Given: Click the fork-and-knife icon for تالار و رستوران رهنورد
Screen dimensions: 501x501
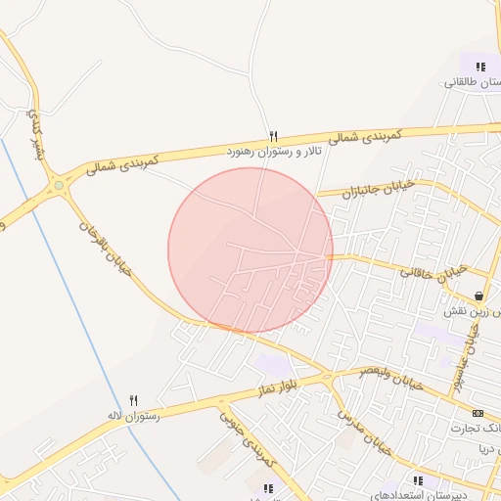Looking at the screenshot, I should pyautogui.click(x=274, y=136).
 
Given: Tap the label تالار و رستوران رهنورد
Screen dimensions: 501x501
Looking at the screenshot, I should pyautogui.click(x=274, y=152).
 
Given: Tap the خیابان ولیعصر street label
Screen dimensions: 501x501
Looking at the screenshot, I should pyautogui.click(x=390, y=378).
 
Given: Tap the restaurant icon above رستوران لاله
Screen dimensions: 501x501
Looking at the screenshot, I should pyautogui.click(x=134, y=399).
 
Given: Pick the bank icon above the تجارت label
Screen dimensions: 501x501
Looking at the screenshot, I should pyautogui.click(x=478, y=413).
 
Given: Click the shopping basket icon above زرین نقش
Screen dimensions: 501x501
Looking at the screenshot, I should pyautogui.click(x=478, y=296).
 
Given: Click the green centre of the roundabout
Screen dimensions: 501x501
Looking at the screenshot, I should pyautogui.click(x=59, y=184).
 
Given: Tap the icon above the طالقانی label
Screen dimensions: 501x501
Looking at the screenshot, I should pyautogui.click(x=479, y=67).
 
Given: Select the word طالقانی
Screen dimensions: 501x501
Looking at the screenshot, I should pyautogui.click(x=466, y=83).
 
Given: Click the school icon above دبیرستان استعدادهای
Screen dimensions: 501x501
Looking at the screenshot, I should pyautogui.click(x=418, y=480).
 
